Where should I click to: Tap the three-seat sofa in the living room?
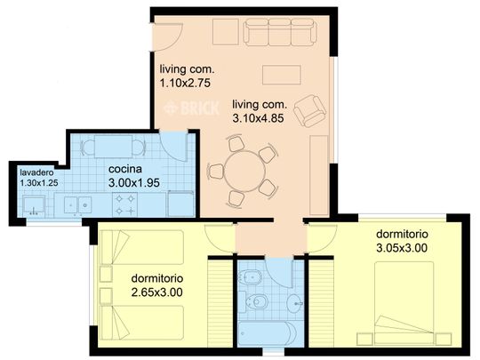(x=280, y=31)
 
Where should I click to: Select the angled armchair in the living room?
(x=309, y=111)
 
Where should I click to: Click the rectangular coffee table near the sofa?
(x=281, y=75)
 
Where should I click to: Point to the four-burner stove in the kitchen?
(x=125, y=204)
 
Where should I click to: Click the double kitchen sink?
(x=77, y=204)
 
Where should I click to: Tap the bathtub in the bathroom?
(x=267, y=333)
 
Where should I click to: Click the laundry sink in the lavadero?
(x=34, y=205)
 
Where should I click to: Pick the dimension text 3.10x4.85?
(x=258, y=118)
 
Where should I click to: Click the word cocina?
(x=125, y=169)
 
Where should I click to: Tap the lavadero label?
(x=36, y=172)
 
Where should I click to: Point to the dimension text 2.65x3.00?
(x=156, y=292)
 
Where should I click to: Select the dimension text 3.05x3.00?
(x=401, y=248)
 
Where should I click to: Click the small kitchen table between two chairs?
(x=113, y=147)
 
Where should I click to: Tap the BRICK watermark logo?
(x=192, y=108)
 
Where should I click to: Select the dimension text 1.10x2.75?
(x=185, y=83)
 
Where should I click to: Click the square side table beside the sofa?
(x=226, y=31)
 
